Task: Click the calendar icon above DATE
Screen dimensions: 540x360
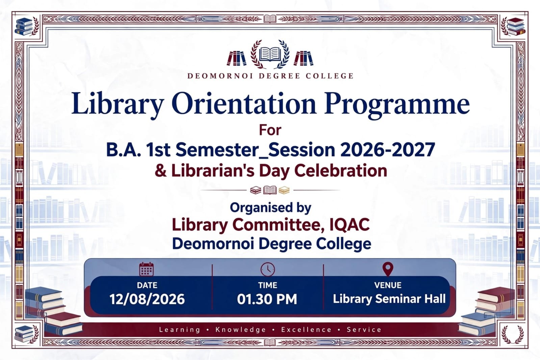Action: [x=146, y=269]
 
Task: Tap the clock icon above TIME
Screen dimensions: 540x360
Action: [x=267, y=269]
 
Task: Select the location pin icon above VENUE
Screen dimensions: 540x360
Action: [x=388, y=269]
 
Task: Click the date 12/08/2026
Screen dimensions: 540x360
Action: [x=147, y=299]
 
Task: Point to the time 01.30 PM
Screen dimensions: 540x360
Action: [x=267, y=299]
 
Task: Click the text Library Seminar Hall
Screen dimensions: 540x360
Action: [x=389, y=299]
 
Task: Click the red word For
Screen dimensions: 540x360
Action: [x=270, y=130]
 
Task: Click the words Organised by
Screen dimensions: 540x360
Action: [x=271, y=208]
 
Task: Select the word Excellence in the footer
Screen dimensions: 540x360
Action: [x=306, y=329]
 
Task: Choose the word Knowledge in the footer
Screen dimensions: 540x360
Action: [x=240, y=330]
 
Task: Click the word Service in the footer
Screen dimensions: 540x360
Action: [x=364, y=329]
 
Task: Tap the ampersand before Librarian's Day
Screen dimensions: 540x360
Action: [x=161, y=171]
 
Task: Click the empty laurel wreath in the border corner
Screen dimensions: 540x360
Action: [x=513, y=334]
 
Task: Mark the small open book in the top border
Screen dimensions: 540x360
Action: [x=270, y=19]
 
